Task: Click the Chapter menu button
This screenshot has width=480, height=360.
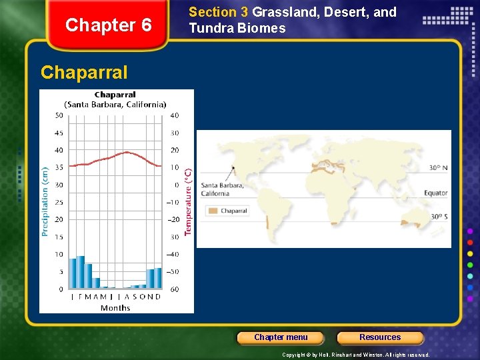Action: [281, 337]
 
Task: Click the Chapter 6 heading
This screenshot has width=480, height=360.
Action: [109, 25]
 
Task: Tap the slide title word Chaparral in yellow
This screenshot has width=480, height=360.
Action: [84, 72]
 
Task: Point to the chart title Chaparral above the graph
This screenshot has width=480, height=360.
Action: [115, 95]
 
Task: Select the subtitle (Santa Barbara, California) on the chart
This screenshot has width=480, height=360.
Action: [115, 104]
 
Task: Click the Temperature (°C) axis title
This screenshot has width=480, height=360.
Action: [188, 201]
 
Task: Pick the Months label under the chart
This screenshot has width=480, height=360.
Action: [115, 307]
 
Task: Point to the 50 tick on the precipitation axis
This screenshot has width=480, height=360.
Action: [59, 116]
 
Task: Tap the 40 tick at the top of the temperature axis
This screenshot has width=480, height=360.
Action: [174, 116]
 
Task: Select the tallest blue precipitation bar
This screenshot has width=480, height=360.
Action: [81, 272]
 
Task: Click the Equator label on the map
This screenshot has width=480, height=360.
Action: [436, 193]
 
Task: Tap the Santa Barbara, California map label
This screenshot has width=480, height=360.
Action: [222, 189]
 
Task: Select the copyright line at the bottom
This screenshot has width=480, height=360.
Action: [356, 355]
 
